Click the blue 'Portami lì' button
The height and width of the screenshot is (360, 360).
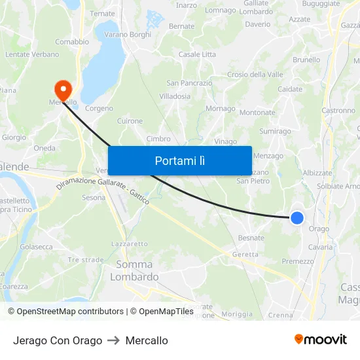(x=179, y=160)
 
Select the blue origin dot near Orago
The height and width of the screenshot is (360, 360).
(x=297, y=218)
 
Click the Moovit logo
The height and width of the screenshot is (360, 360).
(x=320, y=339)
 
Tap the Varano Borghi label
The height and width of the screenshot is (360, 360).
(x=127, y=34)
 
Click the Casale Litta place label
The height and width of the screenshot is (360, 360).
(x=197, y=54)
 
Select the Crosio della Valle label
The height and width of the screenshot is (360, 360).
(x=255, y=75)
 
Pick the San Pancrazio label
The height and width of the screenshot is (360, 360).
(x=189, y=83)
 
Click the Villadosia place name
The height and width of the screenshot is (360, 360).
(x=175, y=96)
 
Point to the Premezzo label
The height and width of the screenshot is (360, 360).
(x=298, y=261)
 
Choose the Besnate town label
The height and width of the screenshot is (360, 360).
(x=251, y=238)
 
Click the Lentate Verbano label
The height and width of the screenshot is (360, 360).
(x=32, y=54)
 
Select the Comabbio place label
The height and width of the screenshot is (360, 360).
(x=72, y=41)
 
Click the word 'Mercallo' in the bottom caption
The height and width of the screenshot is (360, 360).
(x=147, y=340)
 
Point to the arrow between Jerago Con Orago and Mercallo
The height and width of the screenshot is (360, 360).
(x=114, y=340)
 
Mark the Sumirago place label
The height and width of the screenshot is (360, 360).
(x=275, y=132)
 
